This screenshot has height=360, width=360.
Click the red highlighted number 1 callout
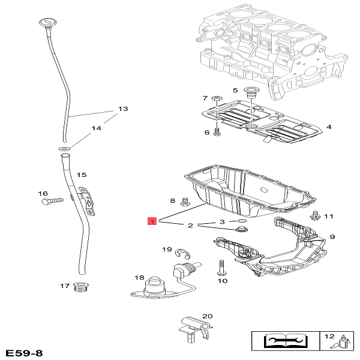pos(152,222)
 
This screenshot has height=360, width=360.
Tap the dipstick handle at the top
pos(46,23)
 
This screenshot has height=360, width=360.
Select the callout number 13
pos(123,109)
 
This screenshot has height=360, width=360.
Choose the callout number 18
pos(139,277)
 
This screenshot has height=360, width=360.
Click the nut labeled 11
pos(314,215)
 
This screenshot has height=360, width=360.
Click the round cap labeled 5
pos(251,93)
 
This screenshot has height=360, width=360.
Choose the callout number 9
pos(332,236)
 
